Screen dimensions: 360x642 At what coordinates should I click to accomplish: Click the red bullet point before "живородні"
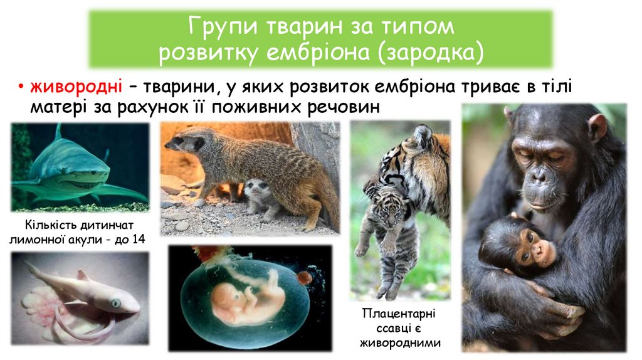click(x=21, y=87)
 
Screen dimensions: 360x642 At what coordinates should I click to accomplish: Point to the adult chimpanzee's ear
click(x=596, y=127)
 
